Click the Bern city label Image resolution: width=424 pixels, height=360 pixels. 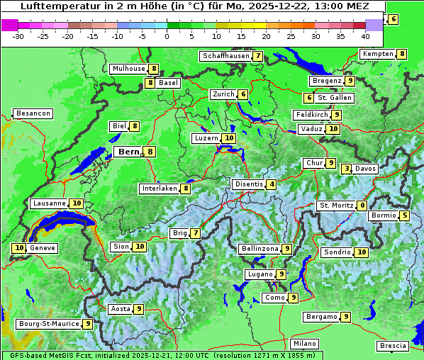coord(128,152)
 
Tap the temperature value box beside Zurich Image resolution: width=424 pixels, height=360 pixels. coord(243,94)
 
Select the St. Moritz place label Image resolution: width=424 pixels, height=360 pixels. coord(336,206)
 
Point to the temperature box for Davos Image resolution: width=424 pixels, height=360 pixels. coord(346,169)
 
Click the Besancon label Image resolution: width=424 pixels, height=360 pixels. coord(33,113)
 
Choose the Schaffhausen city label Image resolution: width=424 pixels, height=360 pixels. coord(226,56)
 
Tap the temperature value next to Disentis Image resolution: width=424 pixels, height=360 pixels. coord(272,184)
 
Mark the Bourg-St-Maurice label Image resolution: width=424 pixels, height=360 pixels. coord(48,324)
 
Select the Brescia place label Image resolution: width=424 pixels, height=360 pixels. coord(393,346)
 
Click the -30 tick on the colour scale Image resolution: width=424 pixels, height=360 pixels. coord(18,35)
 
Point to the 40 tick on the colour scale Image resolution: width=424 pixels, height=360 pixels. coord(365,35)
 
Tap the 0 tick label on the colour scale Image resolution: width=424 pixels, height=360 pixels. coord(167,35)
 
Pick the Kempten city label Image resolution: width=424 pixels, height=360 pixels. coord(378,54)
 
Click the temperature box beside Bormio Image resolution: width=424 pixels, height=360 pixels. coord(405,215)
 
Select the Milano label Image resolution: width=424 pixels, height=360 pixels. coord(305,344)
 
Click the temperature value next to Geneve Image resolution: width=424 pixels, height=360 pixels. coord(18,248)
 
